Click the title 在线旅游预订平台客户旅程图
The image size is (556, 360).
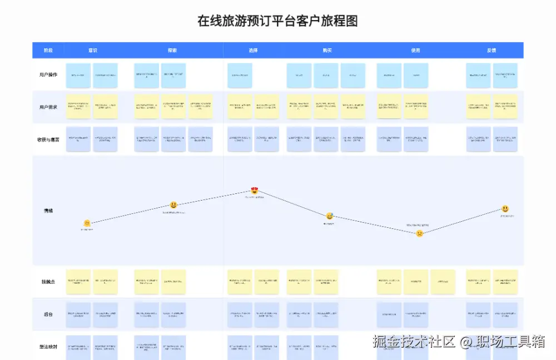pos(277,21)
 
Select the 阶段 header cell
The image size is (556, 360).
pos(48,51)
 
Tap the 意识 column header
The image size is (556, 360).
pos(92,51)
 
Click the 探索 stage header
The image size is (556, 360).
pos(172,51)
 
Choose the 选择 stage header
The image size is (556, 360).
pos(253,51)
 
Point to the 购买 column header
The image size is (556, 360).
pos(327,51)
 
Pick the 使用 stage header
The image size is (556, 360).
pos(415,51)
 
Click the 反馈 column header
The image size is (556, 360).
pos(492,51)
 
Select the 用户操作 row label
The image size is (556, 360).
pos(48,75)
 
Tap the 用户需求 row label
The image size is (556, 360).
pos(48,107)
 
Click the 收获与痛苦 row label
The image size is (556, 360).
pos(48,139)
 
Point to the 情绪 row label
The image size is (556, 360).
pos(48,211)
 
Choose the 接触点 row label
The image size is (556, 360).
pos(48,282)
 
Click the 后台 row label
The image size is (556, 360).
pos(48,315)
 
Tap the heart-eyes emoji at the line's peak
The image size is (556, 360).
pos(255,191)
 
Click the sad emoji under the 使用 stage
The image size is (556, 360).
pos(420,233)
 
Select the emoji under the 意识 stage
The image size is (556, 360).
pos(87,223)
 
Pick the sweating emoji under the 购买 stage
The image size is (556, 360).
pos(330,216)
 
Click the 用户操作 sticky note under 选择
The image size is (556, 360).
pos(240,75)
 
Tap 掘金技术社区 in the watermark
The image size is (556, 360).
pos(414,342)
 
